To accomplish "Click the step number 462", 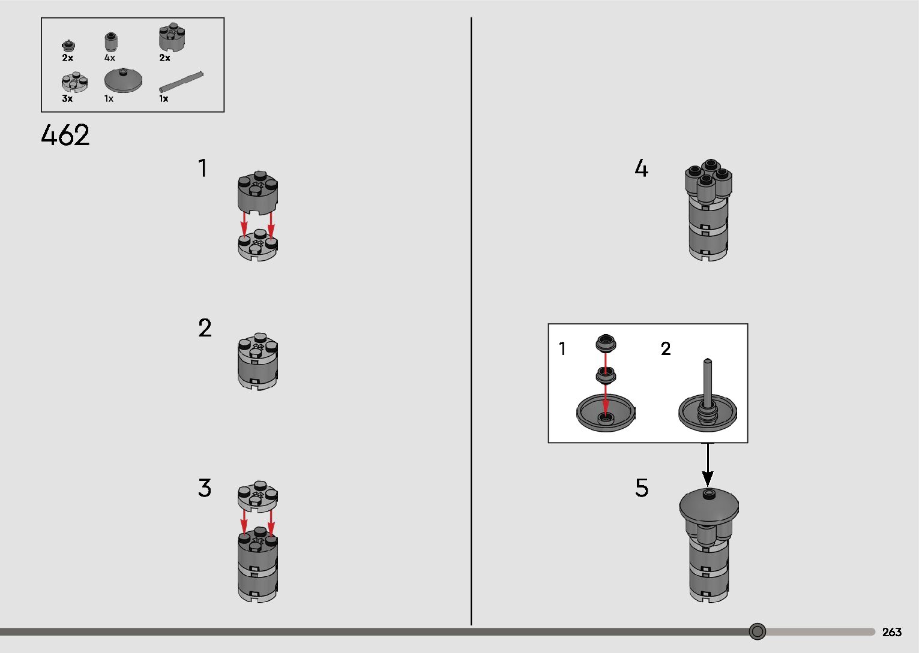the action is pos(65,135).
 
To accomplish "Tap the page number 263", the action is pos(891,631).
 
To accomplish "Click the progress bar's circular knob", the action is pos(757,631).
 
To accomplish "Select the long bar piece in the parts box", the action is pos(181,81).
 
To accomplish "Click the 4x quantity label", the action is pos(109,58).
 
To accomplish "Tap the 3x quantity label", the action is pos(67,98).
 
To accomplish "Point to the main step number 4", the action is pos(641,168).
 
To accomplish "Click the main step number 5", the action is pos(642,488).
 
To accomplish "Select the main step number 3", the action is pos(204,488).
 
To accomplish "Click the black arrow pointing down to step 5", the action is pos(707,465).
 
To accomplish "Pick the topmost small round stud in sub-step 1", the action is pos(606,343).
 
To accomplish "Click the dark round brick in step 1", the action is pos(258,192).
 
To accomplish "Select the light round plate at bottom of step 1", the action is pos(258,245).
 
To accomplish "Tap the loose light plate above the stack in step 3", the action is pos(258,496).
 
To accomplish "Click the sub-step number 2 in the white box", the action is pos(666,349).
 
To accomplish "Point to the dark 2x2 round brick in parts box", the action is pos(172,37).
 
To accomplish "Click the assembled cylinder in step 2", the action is pos(258,361).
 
